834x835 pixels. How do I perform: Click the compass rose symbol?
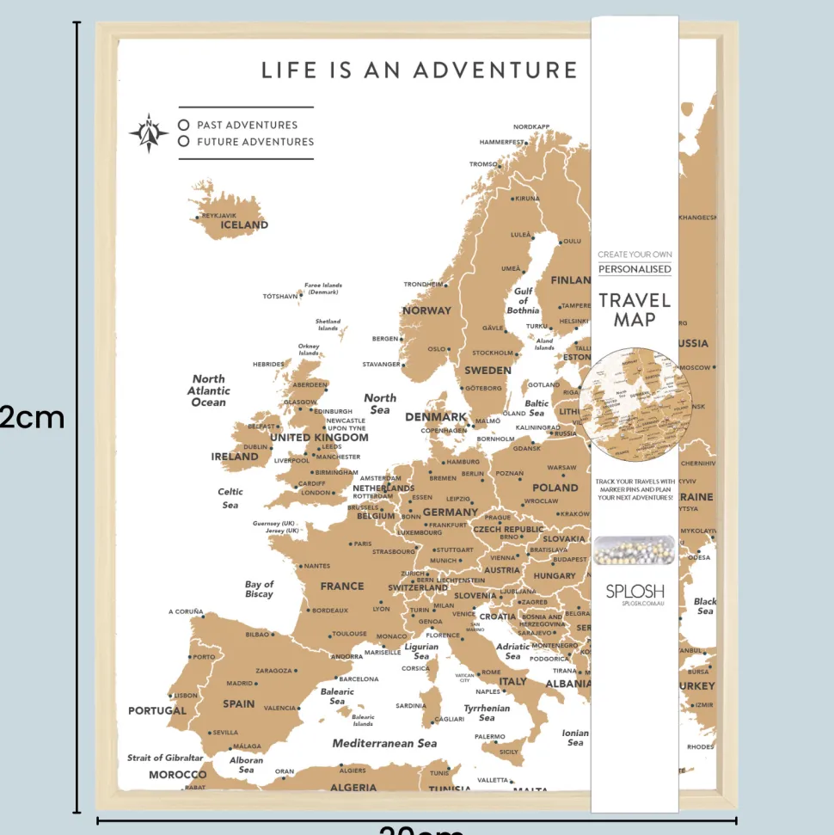(x=149, y=132)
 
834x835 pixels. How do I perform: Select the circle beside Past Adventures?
(x=183, y=125)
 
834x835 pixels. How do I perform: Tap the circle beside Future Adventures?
(x=183, y=142)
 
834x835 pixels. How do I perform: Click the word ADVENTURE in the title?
(x=495, y=70)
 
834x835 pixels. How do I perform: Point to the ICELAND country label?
(x=244, y=225)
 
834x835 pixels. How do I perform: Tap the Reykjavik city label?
(x=218, y=216)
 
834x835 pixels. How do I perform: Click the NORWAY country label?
(x=426, y=310)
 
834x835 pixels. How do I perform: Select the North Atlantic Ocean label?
(x=209, y=390)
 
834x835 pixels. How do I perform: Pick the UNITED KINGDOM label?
(x=319, y=438)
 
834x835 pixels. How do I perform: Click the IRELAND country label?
(x=235, y=457)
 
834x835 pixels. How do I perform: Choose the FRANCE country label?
(x=342, y=586)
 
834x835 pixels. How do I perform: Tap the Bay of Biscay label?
(x=259, y=589)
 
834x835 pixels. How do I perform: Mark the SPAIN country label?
(x=239, y=703)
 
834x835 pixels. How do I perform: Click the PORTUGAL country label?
(x=157, y=711)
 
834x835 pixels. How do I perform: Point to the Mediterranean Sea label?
(x=384, y=743)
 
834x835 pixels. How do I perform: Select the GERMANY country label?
(x=450, y=513)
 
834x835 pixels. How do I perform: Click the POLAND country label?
(x=555, y=488)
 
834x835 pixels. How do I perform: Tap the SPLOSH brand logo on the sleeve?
(x=635, y=591)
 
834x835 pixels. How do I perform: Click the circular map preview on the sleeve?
(x=635, y=404)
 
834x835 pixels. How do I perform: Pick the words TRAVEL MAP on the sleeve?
(x=635, y=310)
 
